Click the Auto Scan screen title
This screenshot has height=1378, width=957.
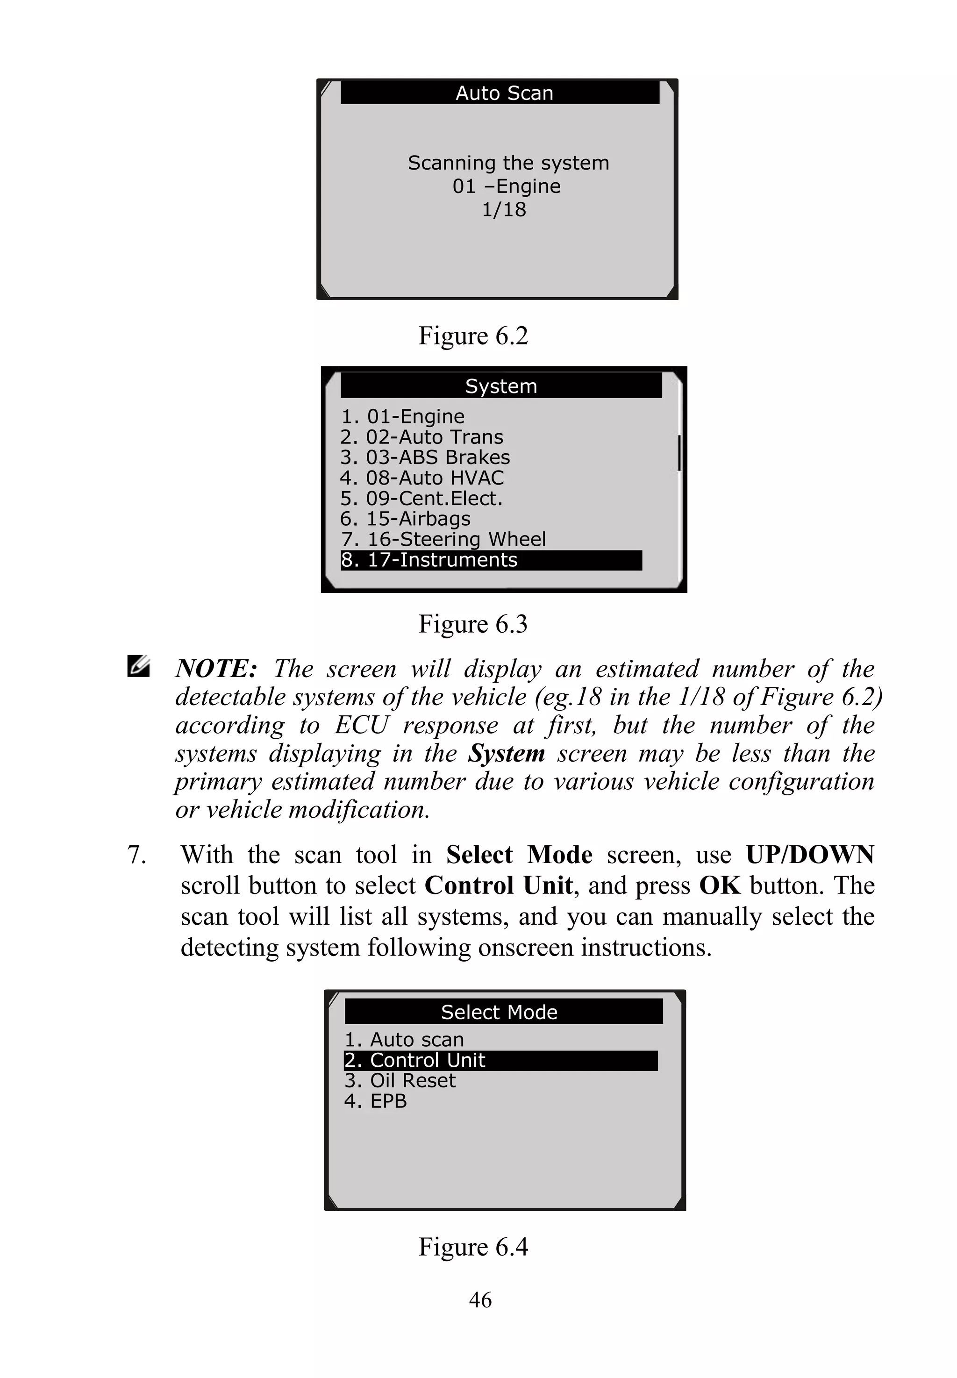(x=504, y=93)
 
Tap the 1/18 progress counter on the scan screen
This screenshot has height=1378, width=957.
(x=504, y=210)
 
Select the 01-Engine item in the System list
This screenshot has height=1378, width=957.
(x=403, y=416)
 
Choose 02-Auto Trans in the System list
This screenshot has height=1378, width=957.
(x=421, y=437)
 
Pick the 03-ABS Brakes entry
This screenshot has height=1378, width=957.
(x=425, y=457)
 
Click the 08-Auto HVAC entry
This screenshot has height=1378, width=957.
(x=422, y=478)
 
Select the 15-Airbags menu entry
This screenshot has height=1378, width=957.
(x=405, y=519)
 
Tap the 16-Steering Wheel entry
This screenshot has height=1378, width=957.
(x=443, y=539)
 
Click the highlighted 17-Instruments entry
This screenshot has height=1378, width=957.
(x=491, y=560)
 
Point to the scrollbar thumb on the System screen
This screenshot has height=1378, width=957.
(x=679, y=453)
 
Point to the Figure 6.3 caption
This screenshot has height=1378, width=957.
(x=472, y=624)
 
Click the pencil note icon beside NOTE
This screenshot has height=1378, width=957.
(x=138, y=667)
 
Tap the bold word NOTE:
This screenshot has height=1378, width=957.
(x=216, y=669)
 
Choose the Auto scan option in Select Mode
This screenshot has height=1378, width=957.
(x=405, y=1039)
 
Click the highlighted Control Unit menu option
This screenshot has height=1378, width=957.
(x=500, y=1060)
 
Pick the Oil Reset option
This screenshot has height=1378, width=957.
(x=400, y=1080)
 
